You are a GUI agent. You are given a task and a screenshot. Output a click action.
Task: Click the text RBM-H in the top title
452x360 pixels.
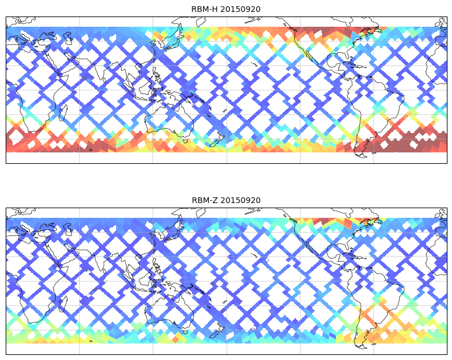[206, 9]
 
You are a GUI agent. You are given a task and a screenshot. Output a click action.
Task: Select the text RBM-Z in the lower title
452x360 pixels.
[206, 200]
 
